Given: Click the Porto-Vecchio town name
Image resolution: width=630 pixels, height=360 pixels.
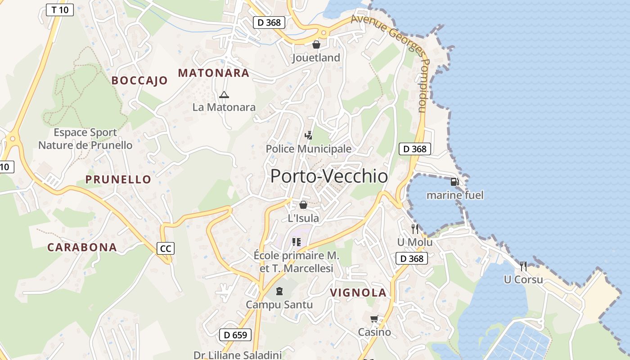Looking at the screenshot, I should (x=329, y=176).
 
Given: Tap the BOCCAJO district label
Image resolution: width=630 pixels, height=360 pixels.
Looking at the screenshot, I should (x=139, y=81).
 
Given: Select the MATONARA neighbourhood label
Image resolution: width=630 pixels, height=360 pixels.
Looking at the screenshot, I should (x=213, y=73).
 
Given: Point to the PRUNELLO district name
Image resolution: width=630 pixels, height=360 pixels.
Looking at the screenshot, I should (x=118, y=180).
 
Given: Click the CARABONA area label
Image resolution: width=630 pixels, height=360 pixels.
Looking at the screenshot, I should (x=82, y=247).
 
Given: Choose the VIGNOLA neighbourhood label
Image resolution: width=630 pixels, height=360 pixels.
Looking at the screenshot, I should (x=358, y=293).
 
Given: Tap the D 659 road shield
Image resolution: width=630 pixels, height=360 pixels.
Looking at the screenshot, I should (x=235, y=335).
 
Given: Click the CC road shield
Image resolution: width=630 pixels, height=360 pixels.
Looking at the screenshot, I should (x=166, y=248).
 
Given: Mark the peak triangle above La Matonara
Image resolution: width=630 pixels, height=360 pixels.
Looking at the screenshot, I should (x=224, y=94).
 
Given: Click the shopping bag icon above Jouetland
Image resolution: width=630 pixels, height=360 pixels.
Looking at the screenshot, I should (x=316, y=45).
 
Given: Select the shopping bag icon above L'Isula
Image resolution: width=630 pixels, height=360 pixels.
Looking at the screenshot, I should (x=303, y=205).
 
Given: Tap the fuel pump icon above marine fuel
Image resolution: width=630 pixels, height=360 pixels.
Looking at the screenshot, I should (x=454, y=182).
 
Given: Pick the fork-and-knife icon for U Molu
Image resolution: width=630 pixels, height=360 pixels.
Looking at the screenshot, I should (x=414, y=229).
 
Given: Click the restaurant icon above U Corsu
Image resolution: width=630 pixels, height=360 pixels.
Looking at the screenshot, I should (x=523, y=266).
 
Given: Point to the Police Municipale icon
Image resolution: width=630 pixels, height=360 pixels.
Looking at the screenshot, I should (x=308, y=135).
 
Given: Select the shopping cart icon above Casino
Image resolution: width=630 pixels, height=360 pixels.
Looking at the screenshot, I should (x=374, y=319).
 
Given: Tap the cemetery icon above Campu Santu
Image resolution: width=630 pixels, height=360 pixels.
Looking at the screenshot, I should (x=279, y=291).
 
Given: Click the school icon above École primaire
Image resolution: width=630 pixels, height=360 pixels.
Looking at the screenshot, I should (x=296, y=242).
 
